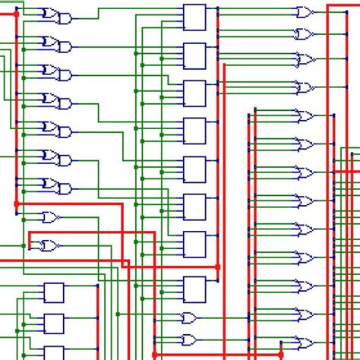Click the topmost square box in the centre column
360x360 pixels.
click(194, 17)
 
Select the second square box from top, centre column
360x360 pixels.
click(194, 55)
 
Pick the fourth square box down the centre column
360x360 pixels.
click(194, 130)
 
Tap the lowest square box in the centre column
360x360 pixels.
click(194, 289)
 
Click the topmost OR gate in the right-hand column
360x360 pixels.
click(305, 11)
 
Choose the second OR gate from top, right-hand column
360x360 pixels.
click(305, 35)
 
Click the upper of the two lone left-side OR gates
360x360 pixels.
click(50, 217)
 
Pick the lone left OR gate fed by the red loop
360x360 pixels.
click(49, 245)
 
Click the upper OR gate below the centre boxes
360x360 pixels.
click(189, 317)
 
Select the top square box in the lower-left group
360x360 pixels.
click(53, 292)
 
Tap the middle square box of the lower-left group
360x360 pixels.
click(53, 323)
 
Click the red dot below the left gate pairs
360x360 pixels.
click(16, 204)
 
